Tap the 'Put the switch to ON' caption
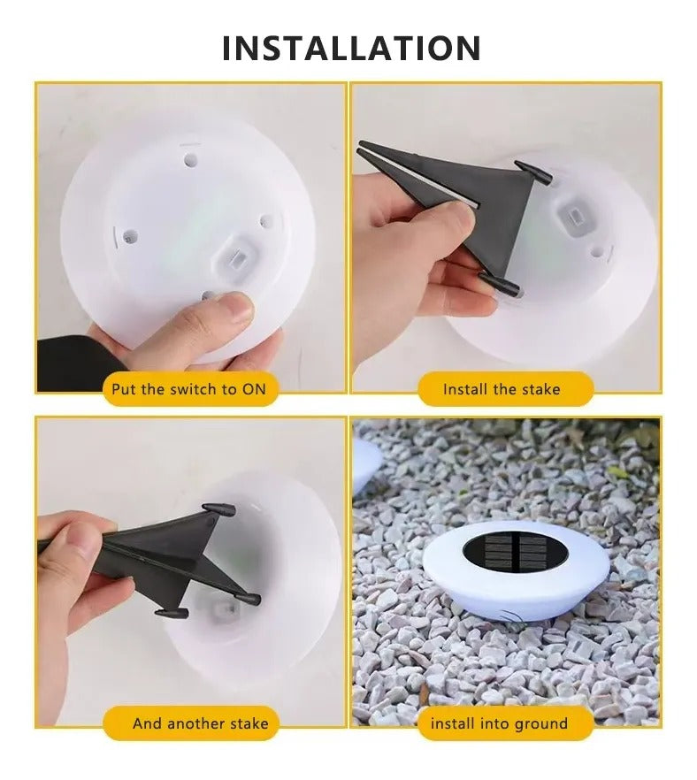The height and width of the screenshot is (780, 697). (x=188, y=388)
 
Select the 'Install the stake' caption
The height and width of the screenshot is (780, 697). (x=502, y=388)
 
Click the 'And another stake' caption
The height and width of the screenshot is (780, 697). (x=200, y=723)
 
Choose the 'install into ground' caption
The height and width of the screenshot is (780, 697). (x=499, y=723)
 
